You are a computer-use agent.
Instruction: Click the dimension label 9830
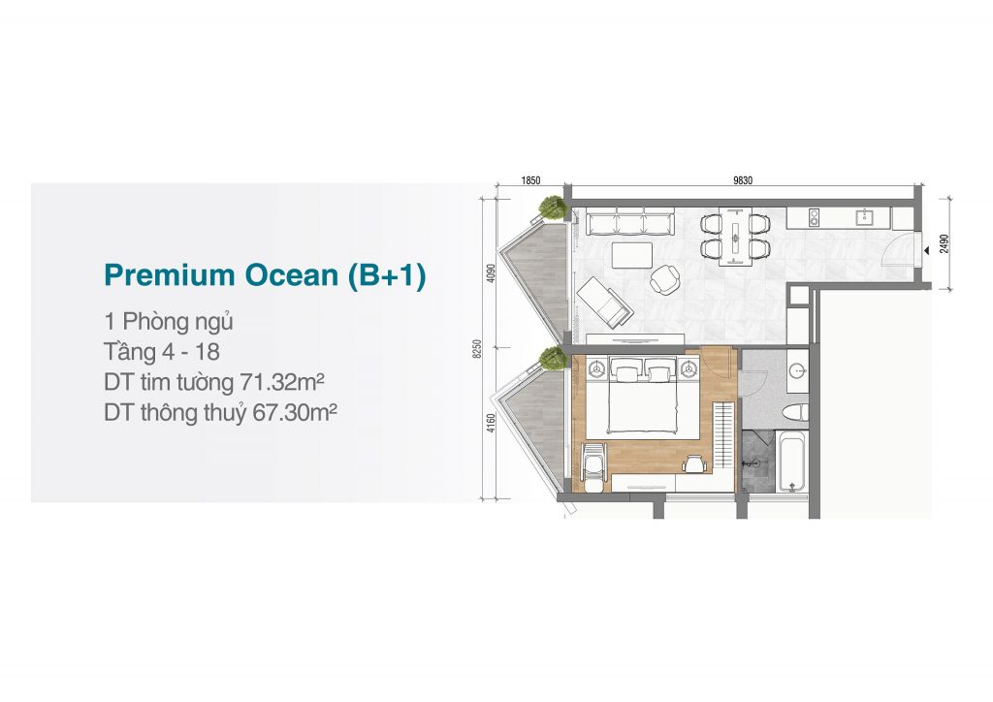pos(743,180)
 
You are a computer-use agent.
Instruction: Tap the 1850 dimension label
pos(530,180)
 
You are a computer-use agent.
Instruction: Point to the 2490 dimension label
pos(945,243)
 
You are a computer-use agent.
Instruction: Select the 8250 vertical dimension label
pos(477,349)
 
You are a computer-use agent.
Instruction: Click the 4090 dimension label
pos(492,273)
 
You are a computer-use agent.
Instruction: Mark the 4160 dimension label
pos(492,423)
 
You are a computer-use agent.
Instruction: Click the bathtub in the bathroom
pos(791,462)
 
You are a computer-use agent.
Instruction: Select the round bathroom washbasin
pos(797,370)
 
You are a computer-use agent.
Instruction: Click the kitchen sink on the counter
pos(864,217)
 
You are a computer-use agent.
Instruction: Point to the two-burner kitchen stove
pos(813,217)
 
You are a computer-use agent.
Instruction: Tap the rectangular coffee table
pos(632,255)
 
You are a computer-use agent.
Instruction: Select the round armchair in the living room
pos(664,279)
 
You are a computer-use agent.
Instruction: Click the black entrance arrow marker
pos(926,251)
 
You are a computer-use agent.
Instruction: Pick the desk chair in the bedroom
pos(694,464)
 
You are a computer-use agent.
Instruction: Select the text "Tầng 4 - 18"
pos(162,352)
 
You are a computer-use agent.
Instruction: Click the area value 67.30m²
pos(295,413)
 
